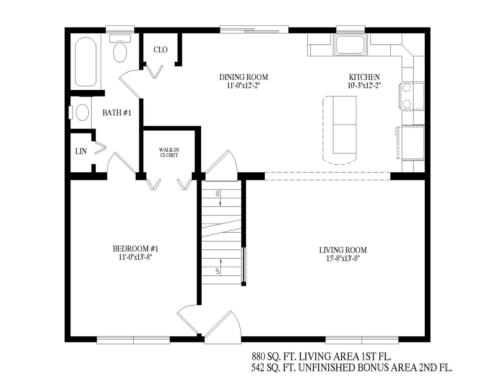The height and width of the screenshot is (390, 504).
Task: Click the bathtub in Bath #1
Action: pos(86,62)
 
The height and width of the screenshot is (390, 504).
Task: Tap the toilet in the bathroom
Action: pos(120,50)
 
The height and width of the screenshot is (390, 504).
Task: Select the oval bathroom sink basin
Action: pos(82,112)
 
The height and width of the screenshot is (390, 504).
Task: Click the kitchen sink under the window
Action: pos(350,44)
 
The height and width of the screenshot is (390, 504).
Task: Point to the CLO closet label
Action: pos(160,49)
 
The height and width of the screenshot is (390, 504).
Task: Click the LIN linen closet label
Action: pos(81,151)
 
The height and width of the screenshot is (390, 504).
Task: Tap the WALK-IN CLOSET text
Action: pos(169,152)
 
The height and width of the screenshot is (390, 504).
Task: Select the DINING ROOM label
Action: pos(244,77)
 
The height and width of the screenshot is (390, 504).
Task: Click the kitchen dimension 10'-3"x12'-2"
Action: pos(364,85)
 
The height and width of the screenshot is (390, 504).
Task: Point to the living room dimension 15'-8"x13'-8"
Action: pos(343,258)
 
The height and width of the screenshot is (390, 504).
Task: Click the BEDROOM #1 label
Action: pos(135,248)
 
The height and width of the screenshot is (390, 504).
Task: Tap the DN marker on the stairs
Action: pos(218,194)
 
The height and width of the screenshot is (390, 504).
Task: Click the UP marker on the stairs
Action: pos(218,271)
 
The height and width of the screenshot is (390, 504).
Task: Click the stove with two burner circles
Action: pos(411,96)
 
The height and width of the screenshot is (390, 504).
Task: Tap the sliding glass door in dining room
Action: pos(254,30)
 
